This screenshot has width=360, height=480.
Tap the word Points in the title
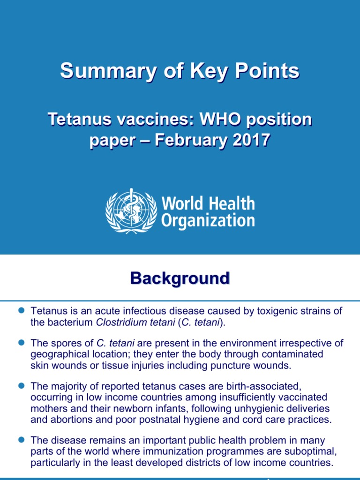point(268,71)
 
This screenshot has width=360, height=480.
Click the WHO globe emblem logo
point(131,211)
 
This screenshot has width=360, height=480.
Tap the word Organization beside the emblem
point(208,220)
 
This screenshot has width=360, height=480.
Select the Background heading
point(180,278)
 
